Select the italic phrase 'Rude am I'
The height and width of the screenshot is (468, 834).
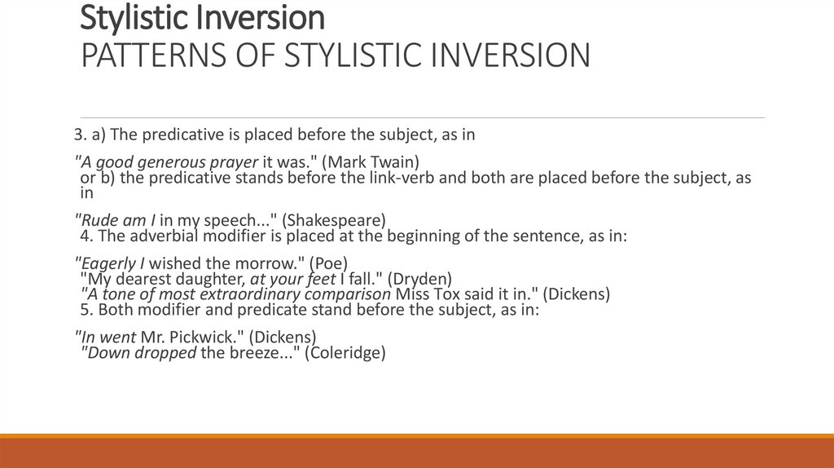coord(111,220)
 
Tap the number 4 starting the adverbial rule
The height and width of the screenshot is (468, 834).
coord(86,236)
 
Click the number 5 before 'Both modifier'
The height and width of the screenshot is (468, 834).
coord(86,310)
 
